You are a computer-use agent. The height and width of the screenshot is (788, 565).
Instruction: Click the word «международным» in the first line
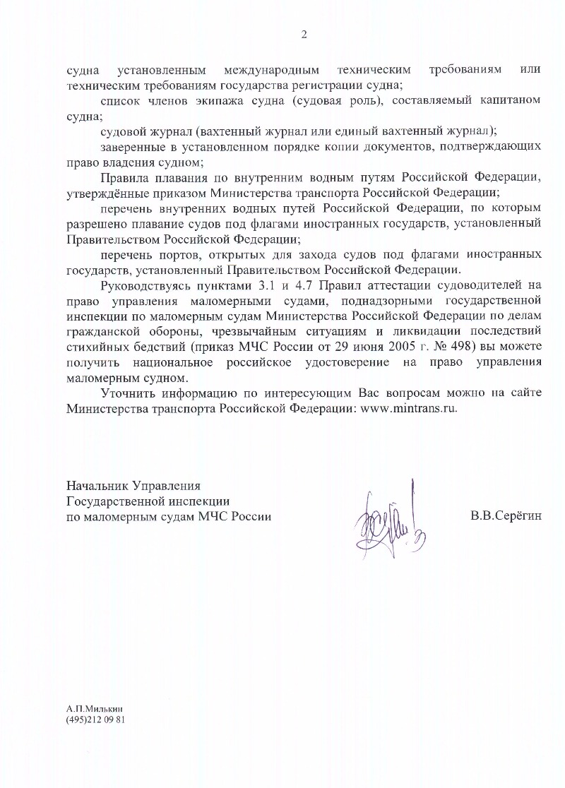pyautogui.click(x=271, y=71)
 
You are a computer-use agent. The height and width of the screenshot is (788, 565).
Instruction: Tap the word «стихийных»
pyautogui.click(x=93, y=346)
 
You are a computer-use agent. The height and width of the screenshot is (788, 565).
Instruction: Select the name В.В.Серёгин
pyautogui.click(x=506, y=516)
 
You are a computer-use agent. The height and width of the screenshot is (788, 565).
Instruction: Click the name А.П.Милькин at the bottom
pyautogui.click(x=90, y=708)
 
